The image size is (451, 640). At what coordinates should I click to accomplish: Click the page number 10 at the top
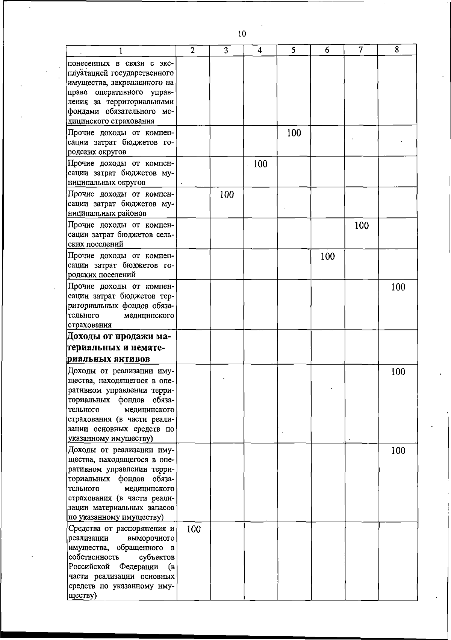click(x=242, y=34)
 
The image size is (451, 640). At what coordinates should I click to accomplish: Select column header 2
click(x=192, y=50)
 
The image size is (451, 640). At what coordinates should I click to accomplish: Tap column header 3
click(x=226, y=50)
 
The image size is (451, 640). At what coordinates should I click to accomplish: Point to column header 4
click(x=260, y=50)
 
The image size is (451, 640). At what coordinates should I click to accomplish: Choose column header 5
click(x=293, y=50)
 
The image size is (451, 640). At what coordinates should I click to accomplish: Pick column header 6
click(x=327, y=50)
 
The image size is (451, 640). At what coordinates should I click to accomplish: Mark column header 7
click(x=360, y=50)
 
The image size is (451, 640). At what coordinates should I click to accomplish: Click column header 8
click(x=397, y=50)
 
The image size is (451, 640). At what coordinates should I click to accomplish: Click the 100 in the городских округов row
click(x=294, y=133)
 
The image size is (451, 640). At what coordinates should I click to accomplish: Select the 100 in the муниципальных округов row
click(x=260, y=164)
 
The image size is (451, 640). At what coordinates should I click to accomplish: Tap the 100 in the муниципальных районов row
click(x=227, y=195)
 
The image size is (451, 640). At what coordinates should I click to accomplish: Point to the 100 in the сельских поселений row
click(x=361, y=226)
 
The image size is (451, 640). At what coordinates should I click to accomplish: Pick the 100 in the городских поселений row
click(x=328, y=257)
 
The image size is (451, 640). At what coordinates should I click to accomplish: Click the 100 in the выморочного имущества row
click(x=193, y=529)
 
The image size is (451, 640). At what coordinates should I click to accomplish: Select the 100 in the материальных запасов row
click(x=398, y=451)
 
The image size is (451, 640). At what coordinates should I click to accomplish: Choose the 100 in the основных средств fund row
click(x=398, y=372)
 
